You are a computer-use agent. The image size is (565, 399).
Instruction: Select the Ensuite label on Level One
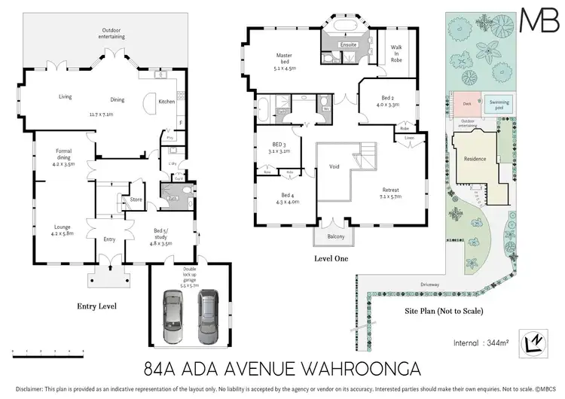point(348,45)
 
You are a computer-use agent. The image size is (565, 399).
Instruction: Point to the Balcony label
point(335,237)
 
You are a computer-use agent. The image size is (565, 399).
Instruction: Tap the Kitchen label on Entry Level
point(166,102)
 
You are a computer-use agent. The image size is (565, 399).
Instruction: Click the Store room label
point(136,200)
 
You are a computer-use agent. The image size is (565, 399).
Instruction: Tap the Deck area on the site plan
point(467,105)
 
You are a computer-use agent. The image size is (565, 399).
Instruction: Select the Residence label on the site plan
point(475,160)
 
